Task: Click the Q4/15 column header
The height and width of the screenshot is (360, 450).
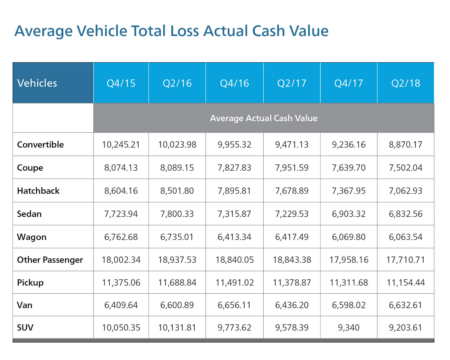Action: (x=121, y=83)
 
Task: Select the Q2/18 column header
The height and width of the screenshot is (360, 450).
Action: (x=406, y=83)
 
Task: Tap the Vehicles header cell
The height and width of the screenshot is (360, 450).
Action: (x=37, y=83)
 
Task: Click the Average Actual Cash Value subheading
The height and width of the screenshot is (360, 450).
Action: (x=264, y=118)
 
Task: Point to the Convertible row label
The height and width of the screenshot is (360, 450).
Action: (x=40, y=145)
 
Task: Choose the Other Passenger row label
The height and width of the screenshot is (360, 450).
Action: (x=50, y=260)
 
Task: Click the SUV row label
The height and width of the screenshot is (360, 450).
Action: (x=25, y=327)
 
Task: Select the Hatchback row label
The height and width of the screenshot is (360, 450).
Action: (x=38, y=191)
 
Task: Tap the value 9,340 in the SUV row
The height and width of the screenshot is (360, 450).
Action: (x=349, y=327)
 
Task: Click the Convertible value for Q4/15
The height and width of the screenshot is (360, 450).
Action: (x=121, y=145)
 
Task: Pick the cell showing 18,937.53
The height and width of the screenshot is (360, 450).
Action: (x=177, y=260)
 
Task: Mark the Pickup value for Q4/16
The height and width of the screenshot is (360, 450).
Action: (x=235, y=283)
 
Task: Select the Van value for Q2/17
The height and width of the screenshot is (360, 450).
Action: (x=292, y=305)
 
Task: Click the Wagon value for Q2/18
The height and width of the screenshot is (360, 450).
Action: (x=406, y=237)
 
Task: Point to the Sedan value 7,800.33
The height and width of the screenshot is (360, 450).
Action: (x=177, y=214)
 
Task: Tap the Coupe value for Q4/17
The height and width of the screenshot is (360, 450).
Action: (x=349, y=168)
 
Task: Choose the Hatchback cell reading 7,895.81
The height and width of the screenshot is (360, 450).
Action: (x=234, y=191)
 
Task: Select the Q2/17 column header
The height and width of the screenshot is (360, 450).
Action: (x=292, y=83)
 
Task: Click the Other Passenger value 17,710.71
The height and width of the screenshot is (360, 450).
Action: (x=406, y=260)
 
